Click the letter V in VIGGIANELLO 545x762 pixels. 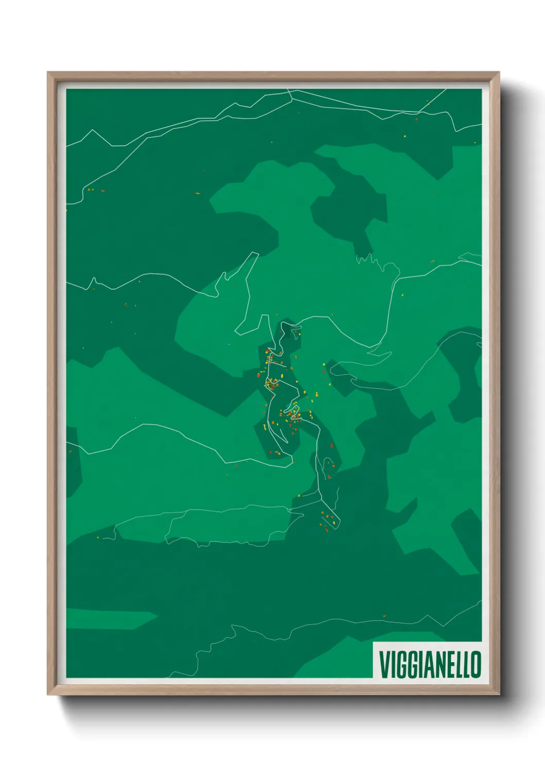point(385,665)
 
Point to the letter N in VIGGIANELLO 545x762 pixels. point(437,665)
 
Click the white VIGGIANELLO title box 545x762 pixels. point(428,660)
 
